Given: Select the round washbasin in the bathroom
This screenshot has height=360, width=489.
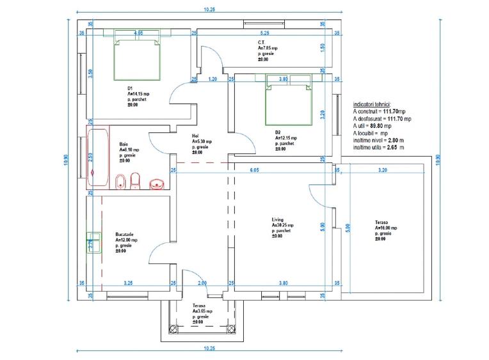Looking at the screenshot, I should pos(158,184).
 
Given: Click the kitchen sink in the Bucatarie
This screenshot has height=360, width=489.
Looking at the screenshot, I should pos(92,243).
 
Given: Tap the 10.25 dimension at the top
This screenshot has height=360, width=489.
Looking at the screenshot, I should pos(209,10).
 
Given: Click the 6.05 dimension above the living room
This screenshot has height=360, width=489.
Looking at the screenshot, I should pos(253,170).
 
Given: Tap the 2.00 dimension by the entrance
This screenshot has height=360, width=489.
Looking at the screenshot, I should pos(202,282).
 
